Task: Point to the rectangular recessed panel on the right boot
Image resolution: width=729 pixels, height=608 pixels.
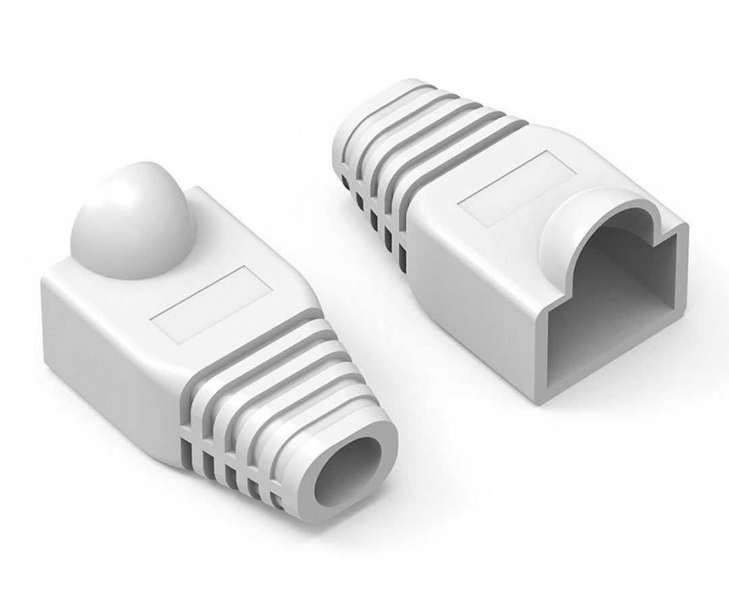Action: [x=509, y=189]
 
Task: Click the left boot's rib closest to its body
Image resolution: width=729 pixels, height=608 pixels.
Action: [x=250, y=351]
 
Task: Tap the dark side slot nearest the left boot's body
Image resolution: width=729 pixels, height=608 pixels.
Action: [x=190, y=442]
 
